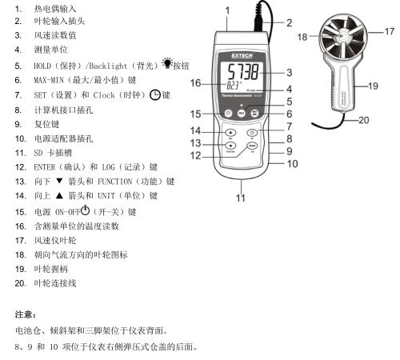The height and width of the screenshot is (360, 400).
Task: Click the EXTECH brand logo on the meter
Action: click(x=242, y=56)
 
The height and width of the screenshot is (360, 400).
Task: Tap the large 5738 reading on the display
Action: click(x=243, y=72)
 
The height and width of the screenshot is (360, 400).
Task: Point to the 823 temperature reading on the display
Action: click(x=234, y=86)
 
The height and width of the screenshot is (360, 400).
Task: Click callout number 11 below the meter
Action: click(x=241, y=198)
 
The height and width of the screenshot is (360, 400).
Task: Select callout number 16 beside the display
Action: click(x=195, y=83)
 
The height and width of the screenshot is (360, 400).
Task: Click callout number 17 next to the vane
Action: click(x=389, y=31)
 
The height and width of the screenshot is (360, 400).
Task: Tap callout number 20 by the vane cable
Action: click(x=363, y=120)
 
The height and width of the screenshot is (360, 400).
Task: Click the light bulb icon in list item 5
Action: click(x=167, y=63)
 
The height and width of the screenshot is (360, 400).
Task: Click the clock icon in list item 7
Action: click(x=154, y=95)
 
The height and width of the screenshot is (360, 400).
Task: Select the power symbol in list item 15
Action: click(x=85, y=210)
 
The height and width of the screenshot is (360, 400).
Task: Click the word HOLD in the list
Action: click(x=42, y=66)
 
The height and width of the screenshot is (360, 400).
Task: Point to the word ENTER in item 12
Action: click(x=44, y=167)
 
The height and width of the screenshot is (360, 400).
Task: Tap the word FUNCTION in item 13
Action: click(x=115, y=182)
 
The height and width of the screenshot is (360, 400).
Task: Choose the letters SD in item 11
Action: click(x=38, y=153)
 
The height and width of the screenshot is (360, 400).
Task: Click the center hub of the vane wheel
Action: click(x=342, y=35)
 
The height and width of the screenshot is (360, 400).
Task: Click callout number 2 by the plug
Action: click(x=290, y=23)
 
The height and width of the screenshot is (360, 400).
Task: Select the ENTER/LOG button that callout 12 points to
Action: click(x=252, y=146)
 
